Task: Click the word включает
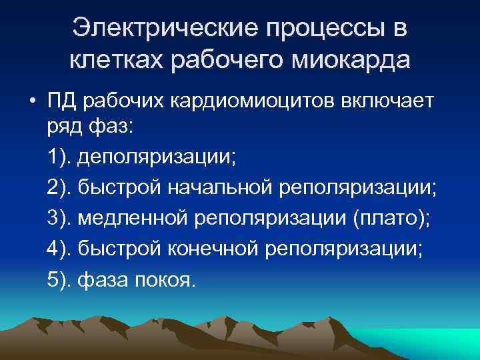pos(381,102)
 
